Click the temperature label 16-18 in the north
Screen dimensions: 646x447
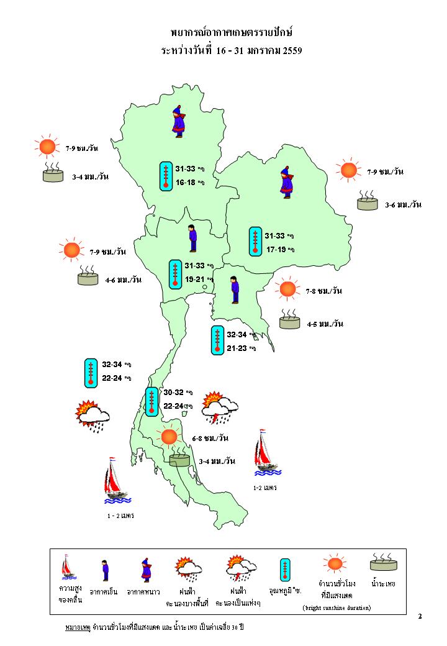click(185, 183)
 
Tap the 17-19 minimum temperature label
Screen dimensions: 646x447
click(276, 250)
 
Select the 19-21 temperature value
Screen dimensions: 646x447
click(195, 280)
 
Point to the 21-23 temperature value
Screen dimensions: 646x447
click(237, 348)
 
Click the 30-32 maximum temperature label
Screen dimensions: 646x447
click(173, 393)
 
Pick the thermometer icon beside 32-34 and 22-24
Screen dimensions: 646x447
click(91, 372)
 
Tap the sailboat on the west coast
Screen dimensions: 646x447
click(115, 480)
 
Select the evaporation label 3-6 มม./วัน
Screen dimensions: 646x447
click(403, 204)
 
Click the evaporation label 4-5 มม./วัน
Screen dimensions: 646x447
click(325, 324)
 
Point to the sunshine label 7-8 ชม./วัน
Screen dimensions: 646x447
click(324, 291)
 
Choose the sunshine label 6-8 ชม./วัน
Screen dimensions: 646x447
click(210, 439)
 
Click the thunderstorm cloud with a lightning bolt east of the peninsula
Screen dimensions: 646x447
click(220, 407)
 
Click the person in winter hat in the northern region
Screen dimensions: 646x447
click(179, 121)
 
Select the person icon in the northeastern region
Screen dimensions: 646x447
click(286, 182)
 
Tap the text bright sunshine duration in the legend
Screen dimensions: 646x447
click(336, 607)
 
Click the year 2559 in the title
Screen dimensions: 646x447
click(292, 51)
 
